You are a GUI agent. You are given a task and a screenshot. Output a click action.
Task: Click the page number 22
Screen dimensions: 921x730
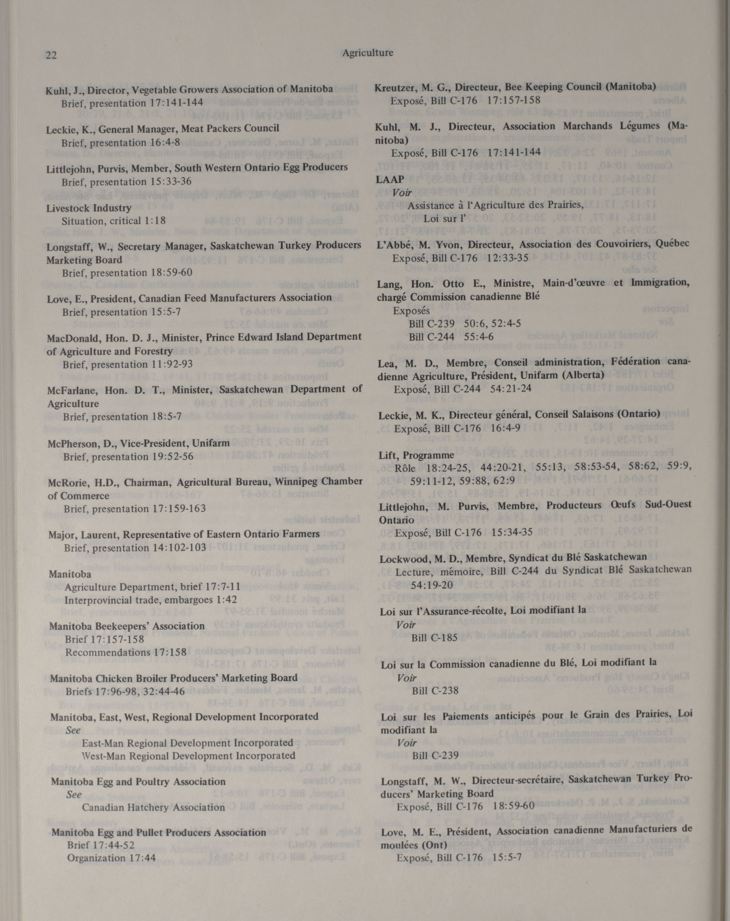51,55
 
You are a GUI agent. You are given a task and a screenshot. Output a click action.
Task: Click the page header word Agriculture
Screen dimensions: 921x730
367,53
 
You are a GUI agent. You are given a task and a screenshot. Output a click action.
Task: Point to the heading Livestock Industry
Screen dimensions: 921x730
88,208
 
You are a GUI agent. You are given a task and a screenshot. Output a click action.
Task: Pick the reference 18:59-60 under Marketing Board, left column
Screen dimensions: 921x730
171,273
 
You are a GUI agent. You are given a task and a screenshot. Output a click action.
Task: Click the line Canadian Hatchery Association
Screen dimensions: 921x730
153,807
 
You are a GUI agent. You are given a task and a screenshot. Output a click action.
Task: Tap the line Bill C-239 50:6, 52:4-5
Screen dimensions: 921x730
464,323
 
